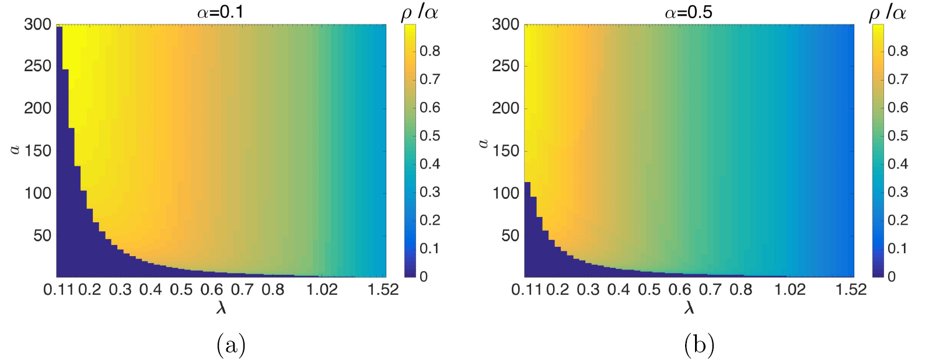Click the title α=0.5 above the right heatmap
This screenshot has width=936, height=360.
(x=688, y=12)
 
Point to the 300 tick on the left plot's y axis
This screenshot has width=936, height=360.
(x=37, y=25)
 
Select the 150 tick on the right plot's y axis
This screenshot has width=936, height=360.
(x=505, y=151)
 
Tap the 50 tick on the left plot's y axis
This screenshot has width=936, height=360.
(x=42, y=236)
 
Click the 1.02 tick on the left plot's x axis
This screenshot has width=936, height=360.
(x=322, y=289)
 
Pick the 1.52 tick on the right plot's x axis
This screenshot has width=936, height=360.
(x=851, y=289)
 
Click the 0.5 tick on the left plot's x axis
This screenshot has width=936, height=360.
(x=181, y=289)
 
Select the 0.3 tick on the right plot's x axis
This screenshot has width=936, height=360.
(x=588, y=289)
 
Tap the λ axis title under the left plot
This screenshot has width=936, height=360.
(x=221, y=307)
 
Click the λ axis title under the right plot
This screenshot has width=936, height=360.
(x=689, y=307)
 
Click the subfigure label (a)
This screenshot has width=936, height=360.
(x=230, y=345)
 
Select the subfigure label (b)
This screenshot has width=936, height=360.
(x=699, y=345)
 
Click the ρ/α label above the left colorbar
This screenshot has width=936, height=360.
(x=420, y=12)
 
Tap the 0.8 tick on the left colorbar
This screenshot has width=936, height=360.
(x=429, y=51)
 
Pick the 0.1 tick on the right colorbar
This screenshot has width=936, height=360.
(x=897, y=249)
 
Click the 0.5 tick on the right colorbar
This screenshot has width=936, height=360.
(x=897, y=136)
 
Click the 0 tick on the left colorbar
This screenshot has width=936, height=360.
(x=424, y=277)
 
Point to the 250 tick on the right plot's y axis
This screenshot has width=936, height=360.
(x=505, y=66)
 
